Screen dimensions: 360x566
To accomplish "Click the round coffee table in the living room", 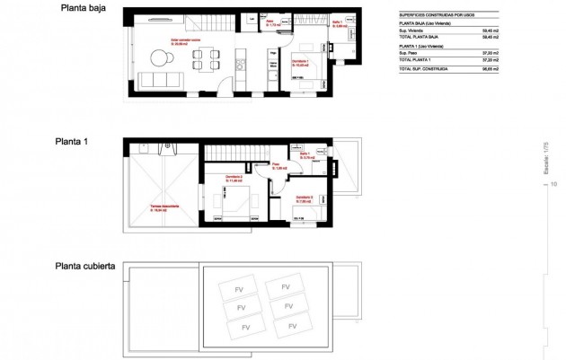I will click(163, 59).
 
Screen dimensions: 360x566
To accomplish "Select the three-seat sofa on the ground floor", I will click(163, 80).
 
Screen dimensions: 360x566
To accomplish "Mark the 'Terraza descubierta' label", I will click(164, 206).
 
